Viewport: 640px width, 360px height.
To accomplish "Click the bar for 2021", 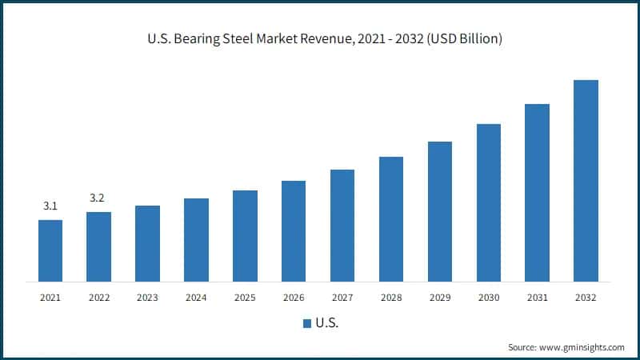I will (50, 250).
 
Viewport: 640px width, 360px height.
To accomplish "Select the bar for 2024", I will (196, 240).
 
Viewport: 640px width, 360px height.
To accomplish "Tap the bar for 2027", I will (342, 226).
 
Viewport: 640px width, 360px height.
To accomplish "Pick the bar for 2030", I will (488, 202).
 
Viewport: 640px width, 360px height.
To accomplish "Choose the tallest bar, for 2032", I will (586, 181).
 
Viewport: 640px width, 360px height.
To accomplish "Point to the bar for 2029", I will (439, 211).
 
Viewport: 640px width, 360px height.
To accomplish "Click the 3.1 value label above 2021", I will (50, 206).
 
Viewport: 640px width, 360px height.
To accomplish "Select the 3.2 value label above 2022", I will (98, 198).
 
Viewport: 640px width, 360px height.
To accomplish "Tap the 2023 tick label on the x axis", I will (147, 298).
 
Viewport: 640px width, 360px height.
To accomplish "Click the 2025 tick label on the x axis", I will (245, 298).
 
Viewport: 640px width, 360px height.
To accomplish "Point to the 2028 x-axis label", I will (391, 298).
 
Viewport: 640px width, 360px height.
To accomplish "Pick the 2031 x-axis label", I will (537, 298).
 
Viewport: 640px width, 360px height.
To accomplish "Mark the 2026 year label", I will (294, 298).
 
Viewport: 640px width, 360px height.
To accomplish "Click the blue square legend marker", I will (306, 324).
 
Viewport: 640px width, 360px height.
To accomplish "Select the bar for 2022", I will (98, 246).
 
